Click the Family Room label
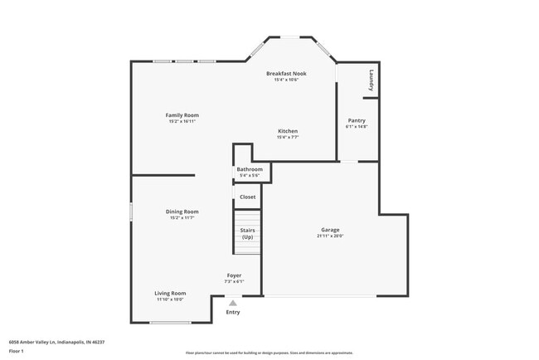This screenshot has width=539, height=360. coord(182,115)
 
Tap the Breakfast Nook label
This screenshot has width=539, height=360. coord(286,74)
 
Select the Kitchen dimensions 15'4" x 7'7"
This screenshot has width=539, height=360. coord(288,137)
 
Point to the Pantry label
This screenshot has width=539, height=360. coord(357,120)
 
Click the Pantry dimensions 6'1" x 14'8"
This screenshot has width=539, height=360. coord(357,127)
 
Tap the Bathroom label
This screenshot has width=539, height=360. coord(249,169)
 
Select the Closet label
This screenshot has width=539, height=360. coord(247,197)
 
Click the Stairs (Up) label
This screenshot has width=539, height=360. coord(247,233)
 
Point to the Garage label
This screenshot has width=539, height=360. coord(330,230)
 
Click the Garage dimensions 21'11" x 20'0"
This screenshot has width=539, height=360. coord(330,236)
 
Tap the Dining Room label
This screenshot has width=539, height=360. coord(182,212)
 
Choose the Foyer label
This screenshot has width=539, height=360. coord(235,275)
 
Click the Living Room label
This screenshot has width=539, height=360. coord(170,293)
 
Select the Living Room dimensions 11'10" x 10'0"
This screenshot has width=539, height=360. coord(170,299)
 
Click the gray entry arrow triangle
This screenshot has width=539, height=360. coord(233,303)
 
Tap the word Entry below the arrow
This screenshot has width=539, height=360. coord(233,312)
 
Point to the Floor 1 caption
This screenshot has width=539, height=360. coord(17,351)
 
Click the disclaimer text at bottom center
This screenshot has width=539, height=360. coord(269,353)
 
